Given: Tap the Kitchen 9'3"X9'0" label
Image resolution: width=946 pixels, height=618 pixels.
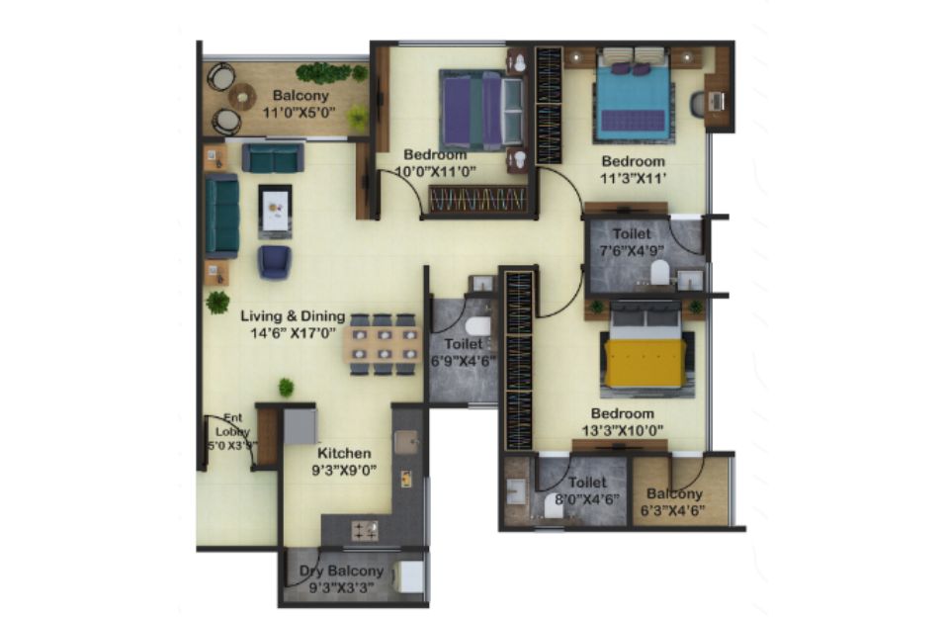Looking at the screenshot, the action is point(344,461).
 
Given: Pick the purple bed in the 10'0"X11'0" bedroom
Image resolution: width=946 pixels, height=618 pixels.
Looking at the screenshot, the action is point(480,111).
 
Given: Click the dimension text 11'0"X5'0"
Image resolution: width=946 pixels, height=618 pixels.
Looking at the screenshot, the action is point(299,113).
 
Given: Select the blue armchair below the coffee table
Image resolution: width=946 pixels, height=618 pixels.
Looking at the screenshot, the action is point(275,262).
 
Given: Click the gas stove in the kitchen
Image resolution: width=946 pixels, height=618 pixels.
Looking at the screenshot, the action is point(365,530).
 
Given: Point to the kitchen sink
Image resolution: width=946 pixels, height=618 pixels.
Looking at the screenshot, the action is point(406,442).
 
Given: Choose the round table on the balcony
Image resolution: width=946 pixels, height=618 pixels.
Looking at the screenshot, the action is point(242,97).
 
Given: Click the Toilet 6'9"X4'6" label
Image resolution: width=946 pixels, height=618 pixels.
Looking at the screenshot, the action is point(464,352).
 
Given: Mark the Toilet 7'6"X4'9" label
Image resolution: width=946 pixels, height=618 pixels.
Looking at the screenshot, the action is point(632,242).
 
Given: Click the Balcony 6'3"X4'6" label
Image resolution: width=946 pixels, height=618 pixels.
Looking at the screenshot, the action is point(673,502).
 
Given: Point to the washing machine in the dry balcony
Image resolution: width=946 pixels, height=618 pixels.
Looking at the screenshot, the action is point(409,576).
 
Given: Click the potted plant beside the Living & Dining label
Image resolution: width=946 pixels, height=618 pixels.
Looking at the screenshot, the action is point(217,302).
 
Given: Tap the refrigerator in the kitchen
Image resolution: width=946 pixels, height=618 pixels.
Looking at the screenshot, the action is point(300,427).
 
